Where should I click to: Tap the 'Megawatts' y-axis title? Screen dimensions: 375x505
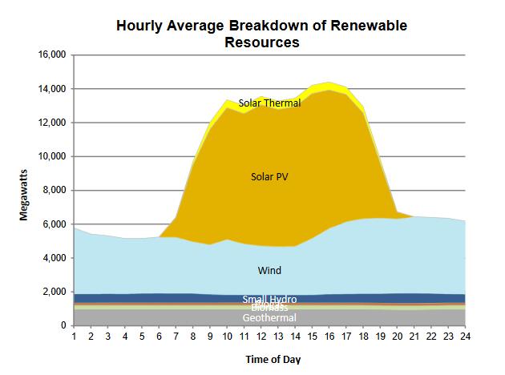coord(26,191)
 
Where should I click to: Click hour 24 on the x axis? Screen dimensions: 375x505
coord(465,337)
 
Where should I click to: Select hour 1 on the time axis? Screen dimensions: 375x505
coord(74,337)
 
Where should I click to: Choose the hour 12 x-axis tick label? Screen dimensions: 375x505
coord(261,337)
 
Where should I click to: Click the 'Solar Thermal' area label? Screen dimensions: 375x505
coord(269,103)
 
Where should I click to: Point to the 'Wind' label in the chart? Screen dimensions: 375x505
coord(269,270)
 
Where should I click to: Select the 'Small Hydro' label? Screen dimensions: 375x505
coord(269,299)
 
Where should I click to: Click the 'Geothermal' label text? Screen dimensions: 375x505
coord(269,318)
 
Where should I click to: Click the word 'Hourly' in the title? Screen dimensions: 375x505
coord(143,26)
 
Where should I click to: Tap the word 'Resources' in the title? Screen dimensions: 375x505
coord(262,42)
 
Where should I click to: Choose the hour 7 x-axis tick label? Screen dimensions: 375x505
coord(176,337)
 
